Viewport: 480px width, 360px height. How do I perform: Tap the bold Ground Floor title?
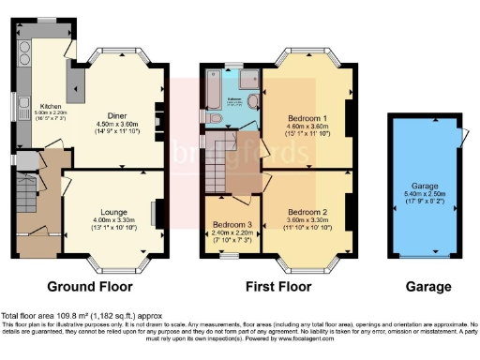tap(92, 287)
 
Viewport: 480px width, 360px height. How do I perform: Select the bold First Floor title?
tap(278, 287)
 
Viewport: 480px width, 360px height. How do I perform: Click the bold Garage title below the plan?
tap(428, 287)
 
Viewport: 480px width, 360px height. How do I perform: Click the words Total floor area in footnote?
tap(27, 316)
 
